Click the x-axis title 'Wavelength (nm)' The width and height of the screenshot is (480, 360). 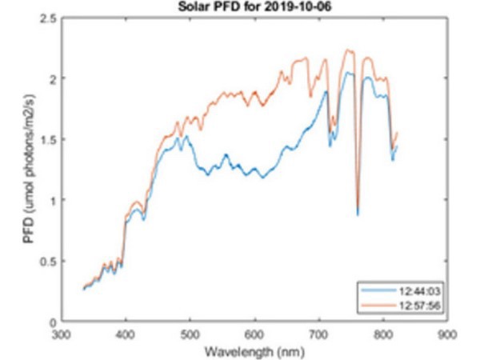click(x=254, y=352)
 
